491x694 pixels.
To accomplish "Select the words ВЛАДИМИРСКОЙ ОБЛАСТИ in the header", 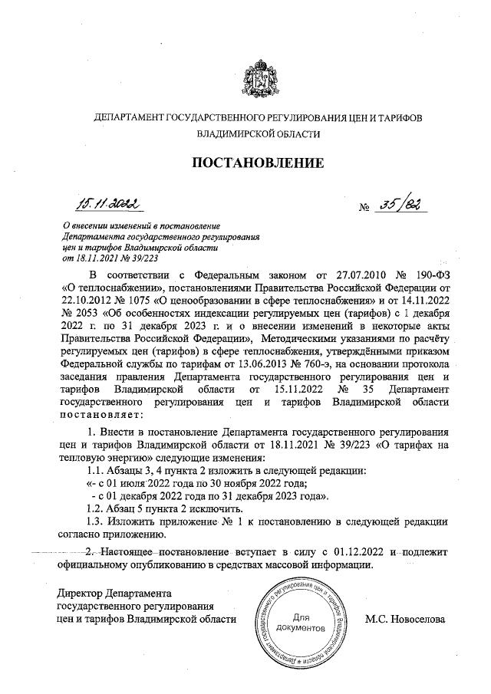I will click(x=257, y=133).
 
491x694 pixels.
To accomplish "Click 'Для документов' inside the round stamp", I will click(x=301, y=622).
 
